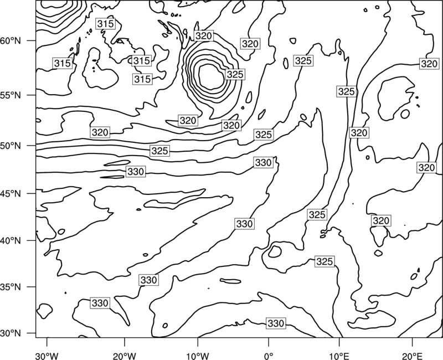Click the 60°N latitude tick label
pos(11,41)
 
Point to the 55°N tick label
pos(11,95)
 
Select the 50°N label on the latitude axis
pos(11,146)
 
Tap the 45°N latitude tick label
pos(11,194)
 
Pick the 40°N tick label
pos(11,241)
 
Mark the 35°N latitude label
pos(11,287)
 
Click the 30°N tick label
pos(11,333)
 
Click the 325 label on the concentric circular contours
pos(235,74)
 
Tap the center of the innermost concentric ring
pos(211,77)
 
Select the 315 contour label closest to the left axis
pos(63,63)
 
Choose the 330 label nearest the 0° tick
pos(275,323)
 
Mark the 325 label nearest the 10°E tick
pos(324,261)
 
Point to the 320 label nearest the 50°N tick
pos(100,132)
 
